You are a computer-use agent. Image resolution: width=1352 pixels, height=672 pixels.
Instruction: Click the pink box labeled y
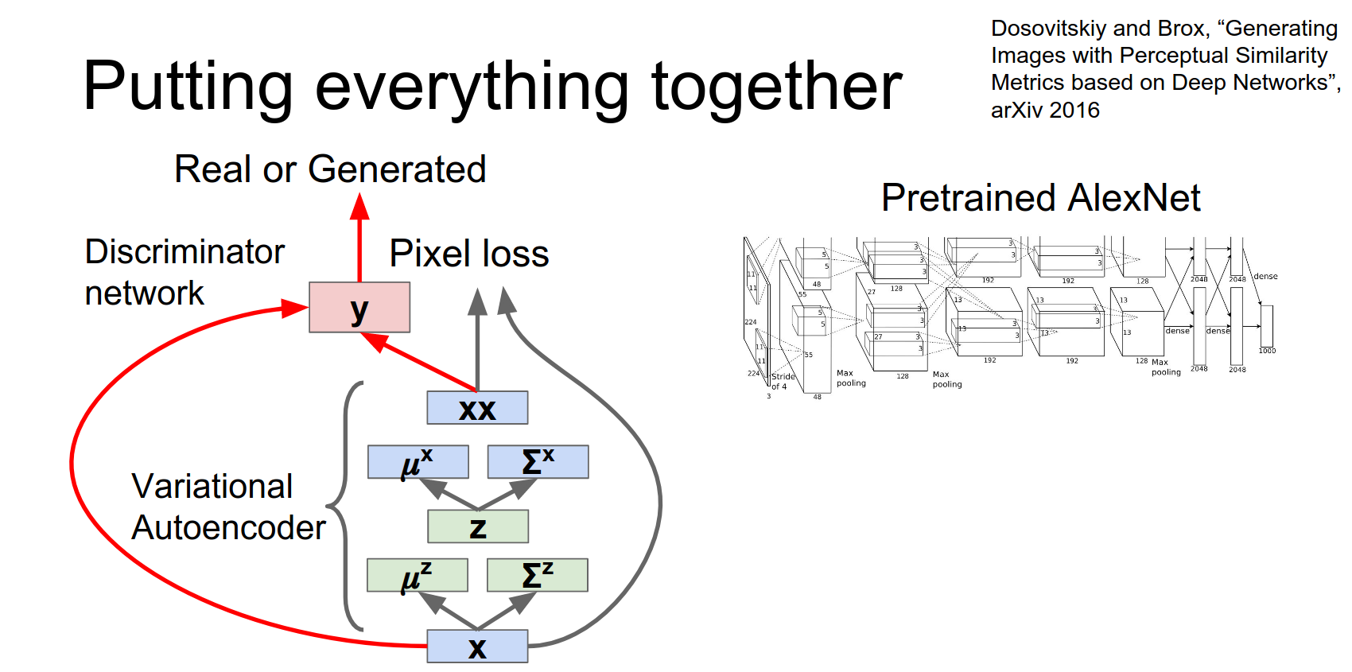tap(359, 307)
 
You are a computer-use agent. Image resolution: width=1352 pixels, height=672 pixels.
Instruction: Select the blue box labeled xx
tap(477, 408)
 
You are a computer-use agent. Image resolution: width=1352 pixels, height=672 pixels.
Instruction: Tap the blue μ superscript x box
tap(418, 462)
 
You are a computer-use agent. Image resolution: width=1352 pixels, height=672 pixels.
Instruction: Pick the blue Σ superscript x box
tap(538, 462)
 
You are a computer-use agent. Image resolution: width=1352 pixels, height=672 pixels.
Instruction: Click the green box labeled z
tap(477, 526)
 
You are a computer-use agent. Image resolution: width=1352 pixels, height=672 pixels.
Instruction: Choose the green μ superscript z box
tap(417, 575)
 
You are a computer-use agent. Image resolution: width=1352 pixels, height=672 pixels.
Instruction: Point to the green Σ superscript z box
tap(537, 575)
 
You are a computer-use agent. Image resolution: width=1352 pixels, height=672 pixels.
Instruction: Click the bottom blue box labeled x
tap(477, 647)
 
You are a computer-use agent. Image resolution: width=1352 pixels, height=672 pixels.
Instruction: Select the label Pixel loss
tap(469, 254)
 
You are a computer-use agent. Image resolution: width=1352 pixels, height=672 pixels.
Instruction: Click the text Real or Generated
tap(330, 169)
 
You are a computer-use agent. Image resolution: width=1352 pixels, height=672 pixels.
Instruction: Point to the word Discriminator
tap(185, 252)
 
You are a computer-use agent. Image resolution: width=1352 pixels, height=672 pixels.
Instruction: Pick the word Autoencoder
tap(228, 528)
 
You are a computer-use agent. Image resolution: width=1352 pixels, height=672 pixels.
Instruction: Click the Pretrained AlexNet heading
tap(1040, 198)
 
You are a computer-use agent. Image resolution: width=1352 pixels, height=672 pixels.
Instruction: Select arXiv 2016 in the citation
tap(1045, 111)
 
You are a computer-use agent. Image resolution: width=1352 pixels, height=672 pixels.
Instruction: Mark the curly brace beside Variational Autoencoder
tap(344, 506)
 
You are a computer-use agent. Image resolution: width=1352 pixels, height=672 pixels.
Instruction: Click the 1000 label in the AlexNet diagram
tap(1267, 351)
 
